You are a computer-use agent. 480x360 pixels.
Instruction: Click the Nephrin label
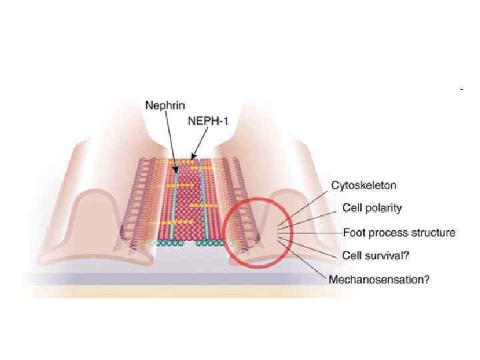click(165, 105)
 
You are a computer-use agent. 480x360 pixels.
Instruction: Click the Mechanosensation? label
click(379, 279)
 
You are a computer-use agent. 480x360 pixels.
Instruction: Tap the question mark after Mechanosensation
click(427, 279)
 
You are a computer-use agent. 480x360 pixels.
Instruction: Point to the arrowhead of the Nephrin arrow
click(176, 170)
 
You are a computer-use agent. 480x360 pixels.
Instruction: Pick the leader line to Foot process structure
click(313, 233)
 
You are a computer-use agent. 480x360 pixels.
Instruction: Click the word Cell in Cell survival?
click(352, 255)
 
